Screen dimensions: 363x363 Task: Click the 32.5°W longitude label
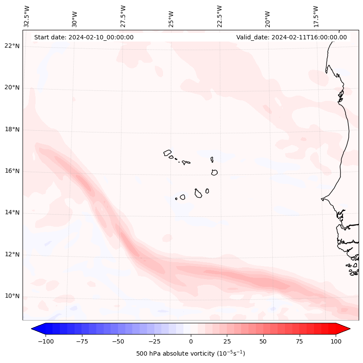tap(27, 16)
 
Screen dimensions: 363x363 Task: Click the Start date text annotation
tap(84, 37)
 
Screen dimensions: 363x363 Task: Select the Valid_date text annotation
tap(291, 37)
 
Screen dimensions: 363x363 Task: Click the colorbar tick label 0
tap(190, 341)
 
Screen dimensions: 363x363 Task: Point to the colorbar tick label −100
tap(46, 341)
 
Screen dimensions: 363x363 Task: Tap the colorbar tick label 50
tap(263, 341)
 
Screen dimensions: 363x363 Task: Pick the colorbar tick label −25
tap(154, 341)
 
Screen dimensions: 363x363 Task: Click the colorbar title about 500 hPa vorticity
tap(190, 353)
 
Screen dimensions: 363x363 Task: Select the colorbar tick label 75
tap(299, 341)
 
